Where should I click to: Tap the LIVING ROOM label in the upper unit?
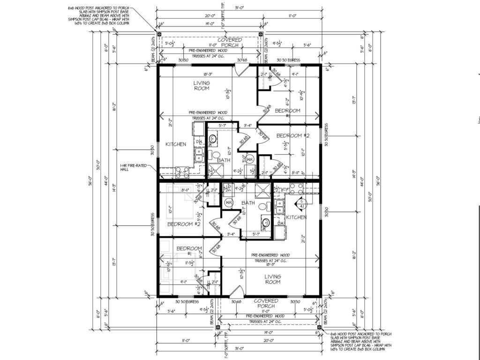(x=202, y=85)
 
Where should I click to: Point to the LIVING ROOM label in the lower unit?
(x=272, y=279)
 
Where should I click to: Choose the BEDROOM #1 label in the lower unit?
(x=188, y=251)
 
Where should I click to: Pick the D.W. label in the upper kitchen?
(x=199, y=141)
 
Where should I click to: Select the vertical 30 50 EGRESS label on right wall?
(x=326, y=135)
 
